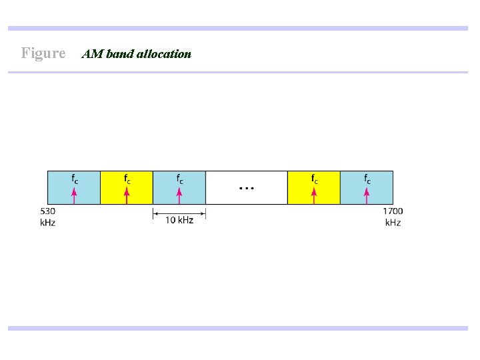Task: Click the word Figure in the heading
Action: tap(43, 53)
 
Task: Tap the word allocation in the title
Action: tap(163, 54)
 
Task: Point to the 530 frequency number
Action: tap(47, 211)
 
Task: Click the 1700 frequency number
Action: tap(393, 211)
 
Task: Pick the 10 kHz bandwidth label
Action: tap(179, 220)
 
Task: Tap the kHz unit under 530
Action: tap(47, 222)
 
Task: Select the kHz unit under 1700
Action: tap(393, 222)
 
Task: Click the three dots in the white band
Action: tap(246, 189)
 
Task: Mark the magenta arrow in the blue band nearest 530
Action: tap(74, 195)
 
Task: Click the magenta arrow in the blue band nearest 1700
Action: tap(367, 195)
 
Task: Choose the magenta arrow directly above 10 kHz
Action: tap(179, 195)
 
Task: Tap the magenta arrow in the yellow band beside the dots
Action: tap(314, 195)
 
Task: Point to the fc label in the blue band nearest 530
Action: tap(75, 179)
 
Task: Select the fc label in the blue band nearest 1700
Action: tap(367, 179)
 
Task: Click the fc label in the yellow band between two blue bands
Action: tap(127, 179)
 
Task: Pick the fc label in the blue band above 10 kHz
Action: tap(180, 179)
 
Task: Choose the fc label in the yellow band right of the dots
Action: tap(315, 179)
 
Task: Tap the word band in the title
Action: tap(119, 54)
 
